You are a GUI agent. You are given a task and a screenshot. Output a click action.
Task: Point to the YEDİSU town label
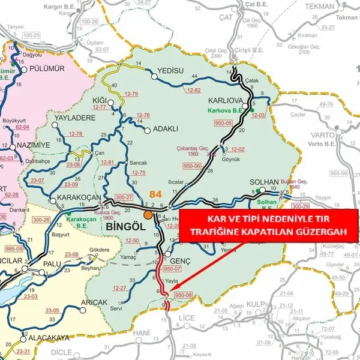point(169,71)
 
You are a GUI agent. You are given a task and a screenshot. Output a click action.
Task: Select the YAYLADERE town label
point(75,118)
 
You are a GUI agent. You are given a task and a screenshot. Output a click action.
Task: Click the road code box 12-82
point(193,90)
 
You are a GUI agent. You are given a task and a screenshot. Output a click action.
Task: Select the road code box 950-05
point(224,122)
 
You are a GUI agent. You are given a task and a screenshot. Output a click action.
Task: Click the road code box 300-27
point(124,197)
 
